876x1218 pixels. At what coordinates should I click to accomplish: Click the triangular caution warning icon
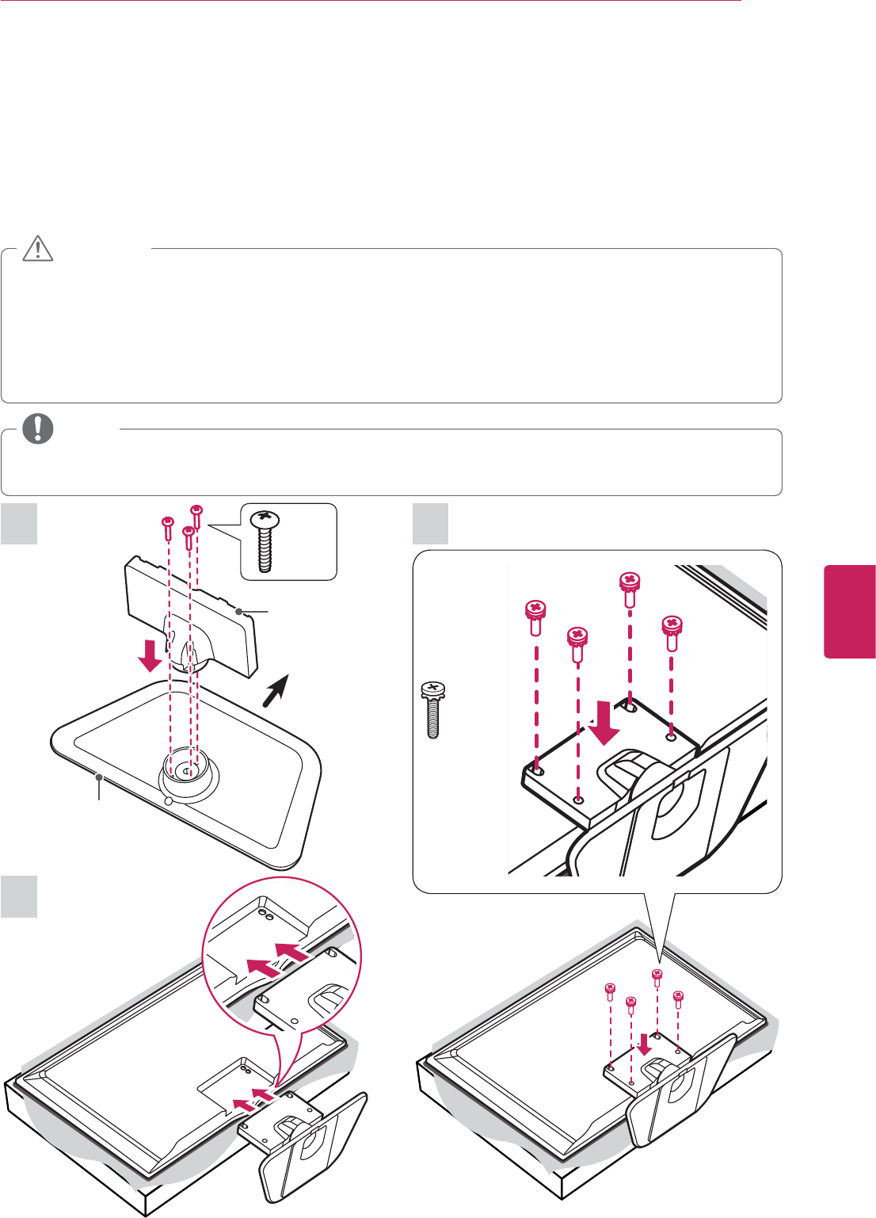(x=37, y=249)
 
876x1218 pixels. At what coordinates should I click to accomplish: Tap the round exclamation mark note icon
(x=37, y=429)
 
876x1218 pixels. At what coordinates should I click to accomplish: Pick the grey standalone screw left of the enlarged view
(x=432, y=708)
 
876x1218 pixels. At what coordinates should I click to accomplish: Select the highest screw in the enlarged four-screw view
(x=629, y=587)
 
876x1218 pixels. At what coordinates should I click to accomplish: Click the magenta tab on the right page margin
(x=850, y=611)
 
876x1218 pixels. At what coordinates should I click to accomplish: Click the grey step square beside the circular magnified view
(x=19, y=896)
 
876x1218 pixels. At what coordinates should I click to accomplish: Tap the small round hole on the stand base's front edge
(x=167, y=800)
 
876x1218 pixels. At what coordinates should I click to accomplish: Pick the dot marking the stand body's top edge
(x=238, y=610)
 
